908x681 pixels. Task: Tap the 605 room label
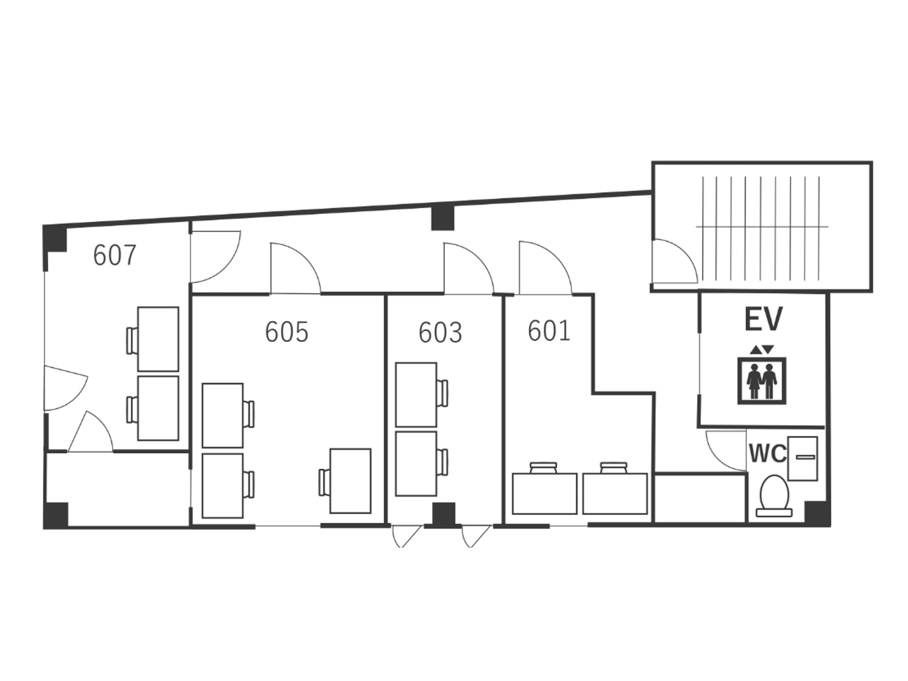[287, 332]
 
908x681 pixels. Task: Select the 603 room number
[440, 332]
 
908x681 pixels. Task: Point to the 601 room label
[549, 331]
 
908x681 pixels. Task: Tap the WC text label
[767, 454]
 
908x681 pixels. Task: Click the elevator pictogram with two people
[762, 381]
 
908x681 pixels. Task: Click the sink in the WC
[803, 458]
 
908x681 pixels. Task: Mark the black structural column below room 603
[444, 514]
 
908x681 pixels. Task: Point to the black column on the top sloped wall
[443, 218]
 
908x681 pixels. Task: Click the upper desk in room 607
[158, 339]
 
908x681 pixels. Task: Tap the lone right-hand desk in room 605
[350, 481]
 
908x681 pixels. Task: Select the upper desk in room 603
[416, 395]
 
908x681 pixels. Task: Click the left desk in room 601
[545, 493]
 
